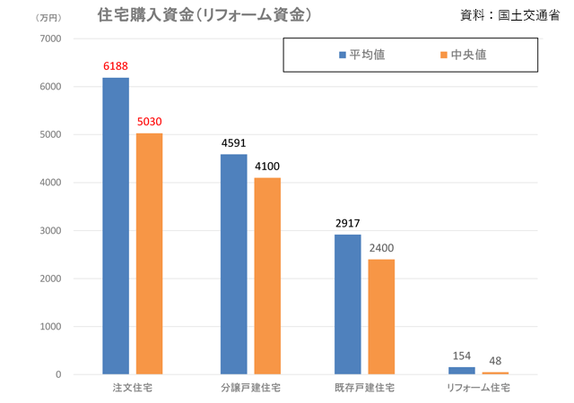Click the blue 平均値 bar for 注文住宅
point(116,226)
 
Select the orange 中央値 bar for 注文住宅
point(149,253)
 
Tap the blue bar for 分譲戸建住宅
point(233,264)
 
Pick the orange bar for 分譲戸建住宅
point(267,276)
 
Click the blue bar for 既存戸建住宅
point(348,304)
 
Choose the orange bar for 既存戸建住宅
point(381,317)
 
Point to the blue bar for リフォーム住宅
point(462,370)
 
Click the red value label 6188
point(117,67)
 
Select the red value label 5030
point(150,123)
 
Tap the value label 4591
point(233,143)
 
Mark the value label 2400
point(381,248)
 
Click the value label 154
point(462,356)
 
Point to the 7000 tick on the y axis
point(48,39)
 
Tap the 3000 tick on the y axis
point(48,231)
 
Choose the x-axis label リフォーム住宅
point(479,389)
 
